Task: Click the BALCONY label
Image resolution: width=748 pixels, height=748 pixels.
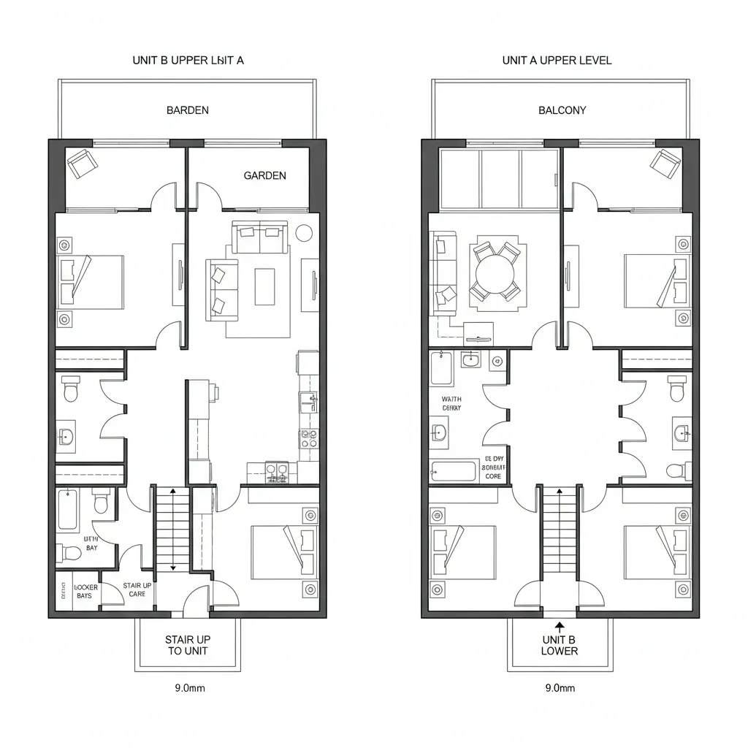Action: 562,110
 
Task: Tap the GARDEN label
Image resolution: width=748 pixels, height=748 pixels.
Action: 264,175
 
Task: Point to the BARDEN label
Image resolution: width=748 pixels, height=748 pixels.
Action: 187,110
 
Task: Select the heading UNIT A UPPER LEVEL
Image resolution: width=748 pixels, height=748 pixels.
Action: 557,61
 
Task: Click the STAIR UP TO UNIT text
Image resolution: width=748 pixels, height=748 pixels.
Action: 188,645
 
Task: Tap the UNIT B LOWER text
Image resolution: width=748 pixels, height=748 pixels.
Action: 560,645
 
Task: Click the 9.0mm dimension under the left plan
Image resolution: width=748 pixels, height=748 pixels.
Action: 187,688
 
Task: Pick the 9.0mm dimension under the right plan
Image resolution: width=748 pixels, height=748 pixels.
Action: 560,688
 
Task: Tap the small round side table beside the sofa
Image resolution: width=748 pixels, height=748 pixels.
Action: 304,232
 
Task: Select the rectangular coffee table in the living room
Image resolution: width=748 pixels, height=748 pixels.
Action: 264,286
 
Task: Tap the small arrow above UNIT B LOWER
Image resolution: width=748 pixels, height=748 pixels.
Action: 560,626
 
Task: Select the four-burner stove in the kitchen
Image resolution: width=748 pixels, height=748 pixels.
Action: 308,438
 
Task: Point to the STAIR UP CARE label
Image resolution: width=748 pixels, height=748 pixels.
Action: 137,589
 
